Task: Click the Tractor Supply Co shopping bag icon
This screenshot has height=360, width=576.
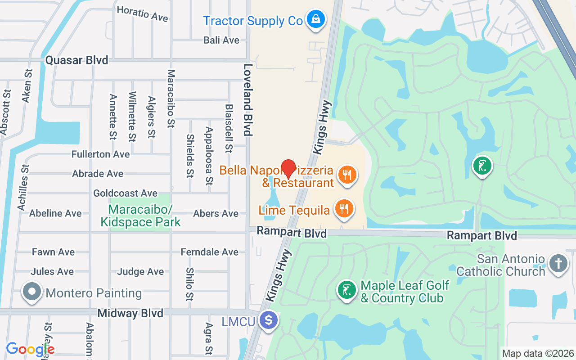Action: [x=316, y=20]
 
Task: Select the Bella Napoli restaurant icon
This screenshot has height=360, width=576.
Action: [x=346, y=174]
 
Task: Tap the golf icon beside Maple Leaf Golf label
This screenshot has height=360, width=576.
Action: [x=347, y=290]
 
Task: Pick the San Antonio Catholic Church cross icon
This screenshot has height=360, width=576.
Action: [x=558, y=263]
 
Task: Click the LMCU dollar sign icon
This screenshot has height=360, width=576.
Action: [x=269, y=321]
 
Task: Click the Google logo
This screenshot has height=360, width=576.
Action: [x=30, y=349]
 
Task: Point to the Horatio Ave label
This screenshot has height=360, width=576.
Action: [x=142, y=13]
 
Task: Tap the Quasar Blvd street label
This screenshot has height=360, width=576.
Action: [x=77, y=60]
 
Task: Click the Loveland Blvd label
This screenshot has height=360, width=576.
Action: [x=247, y=100]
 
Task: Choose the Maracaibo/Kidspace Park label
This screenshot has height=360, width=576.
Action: [x=140, y=216]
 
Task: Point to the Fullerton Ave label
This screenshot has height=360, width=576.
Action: [x=100, y=154]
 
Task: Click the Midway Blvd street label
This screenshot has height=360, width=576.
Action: [x=130, y=313]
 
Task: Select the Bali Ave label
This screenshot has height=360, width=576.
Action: [x=221, y=40]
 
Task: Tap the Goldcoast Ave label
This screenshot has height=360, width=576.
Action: [x=125, y=193]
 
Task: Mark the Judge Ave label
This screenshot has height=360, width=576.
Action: [x=140, y=271]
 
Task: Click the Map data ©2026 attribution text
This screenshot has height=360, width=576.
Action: [x=538, y=353]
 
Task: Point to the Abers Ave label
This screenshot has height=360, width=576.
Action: [x=216, y=213]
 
